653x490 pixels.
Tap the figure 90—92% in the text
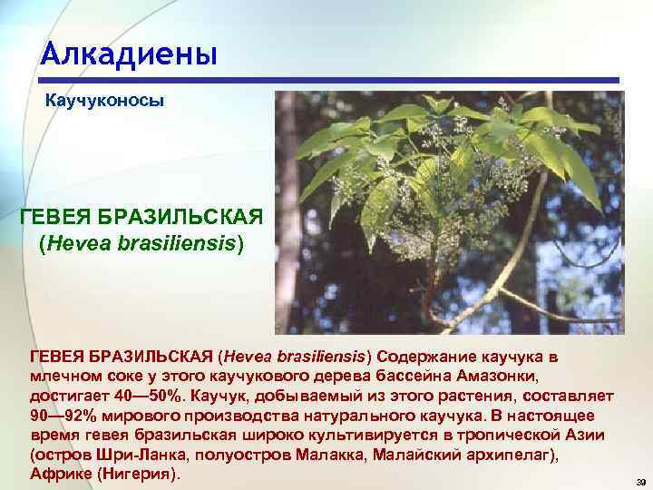[61, 416]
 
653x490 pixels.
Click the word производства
[222, 416]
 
